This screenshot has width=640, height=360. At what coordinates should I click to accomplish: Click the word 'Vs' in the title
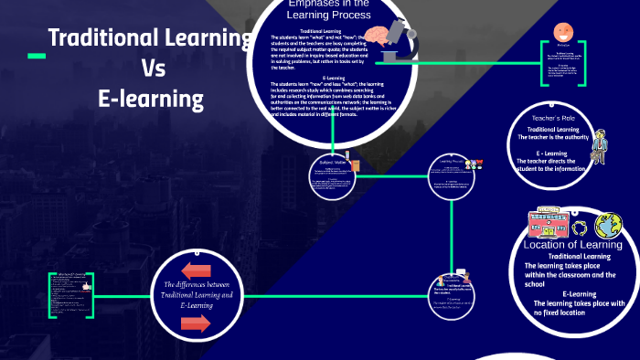coord(150,68)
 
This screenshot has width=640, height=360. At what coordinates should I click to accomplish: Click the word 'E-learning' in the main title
coord(150,97)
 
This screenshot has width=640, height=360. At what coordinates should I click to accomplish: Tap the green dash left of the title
coord(37,57)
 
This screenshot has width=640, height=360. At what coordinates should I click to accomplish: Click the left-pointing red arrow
coord(196,270)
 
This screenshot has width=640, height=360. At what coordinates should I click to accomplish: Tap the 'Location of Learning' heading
coord(573,244)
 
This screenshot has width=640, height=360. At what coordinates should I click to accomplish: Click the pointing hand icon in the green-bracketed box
coord(86,286)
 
